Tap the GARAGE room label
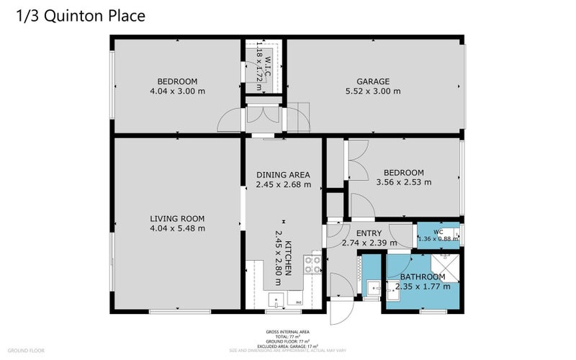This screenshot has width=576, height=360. click(x=373, y=81)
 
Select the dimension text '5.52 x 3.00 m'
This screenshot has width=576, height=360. click(x=373, y=91)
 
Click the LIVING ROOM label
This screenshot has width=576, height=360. click(x=177, y=219)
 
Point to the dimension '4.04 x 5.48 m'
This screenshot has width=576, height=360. click(x=177, y=229)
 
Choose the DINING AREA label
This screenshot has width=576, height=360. click(x=283, y=175)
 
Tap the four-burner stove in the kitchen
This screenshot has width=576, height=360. click(x=312, y=264)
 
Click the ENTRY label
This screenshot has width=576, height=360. click(x=369, y=233)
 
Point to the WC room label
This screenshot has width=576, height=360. click(x=437, y=231)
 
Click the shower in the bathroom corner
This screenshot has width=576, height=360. click(x=447, y=259)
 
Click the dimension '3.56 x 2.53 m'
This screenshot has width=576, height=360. click(x=403, y=183)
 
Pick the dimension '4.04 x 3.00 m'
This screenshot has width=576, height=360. click(x=177, y=91)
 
